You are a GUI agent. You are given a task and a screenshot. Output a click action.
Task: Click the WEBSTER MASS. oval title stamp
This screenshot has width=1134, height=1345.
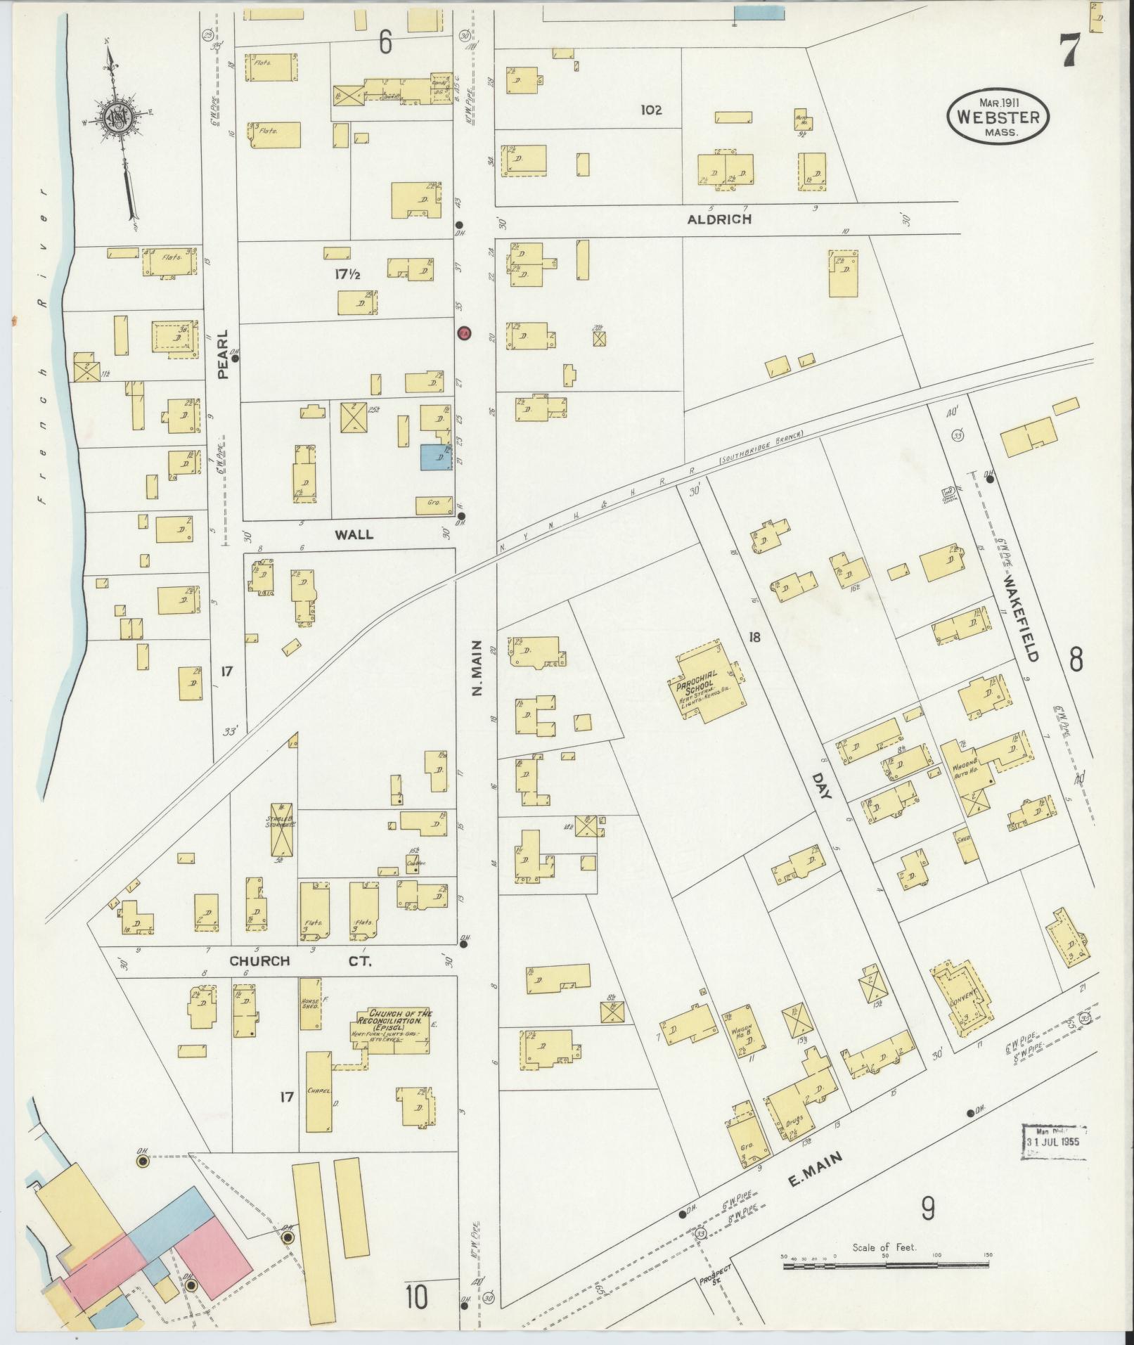tap(998, 117)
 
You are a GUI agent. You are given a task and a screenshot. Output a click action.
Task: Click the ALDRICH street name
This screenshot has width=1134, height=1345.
tap(719, 219)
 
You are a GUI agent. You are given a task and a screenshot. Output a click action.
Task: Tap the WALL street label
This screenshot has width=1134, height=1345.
tap(354, 534)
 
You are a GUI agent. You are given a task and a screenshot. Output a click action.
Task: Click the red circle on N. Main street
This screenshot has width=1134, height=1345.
tap(463, 333)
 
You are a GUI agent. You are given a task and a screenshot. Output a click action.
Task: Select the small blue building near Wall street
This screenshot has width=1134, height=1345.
tap(436, 458)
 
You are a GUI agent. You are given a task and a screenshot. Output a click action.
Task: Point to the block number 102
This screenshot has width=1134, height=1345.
tap(651, 110)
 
